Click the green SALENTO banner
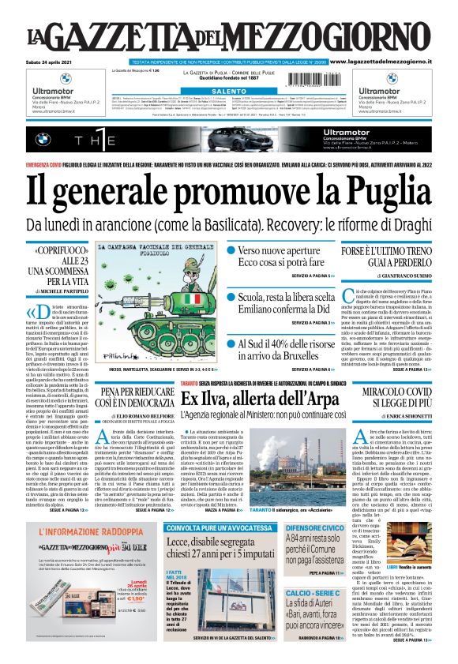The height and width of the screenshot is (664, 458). coord(228,92)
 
